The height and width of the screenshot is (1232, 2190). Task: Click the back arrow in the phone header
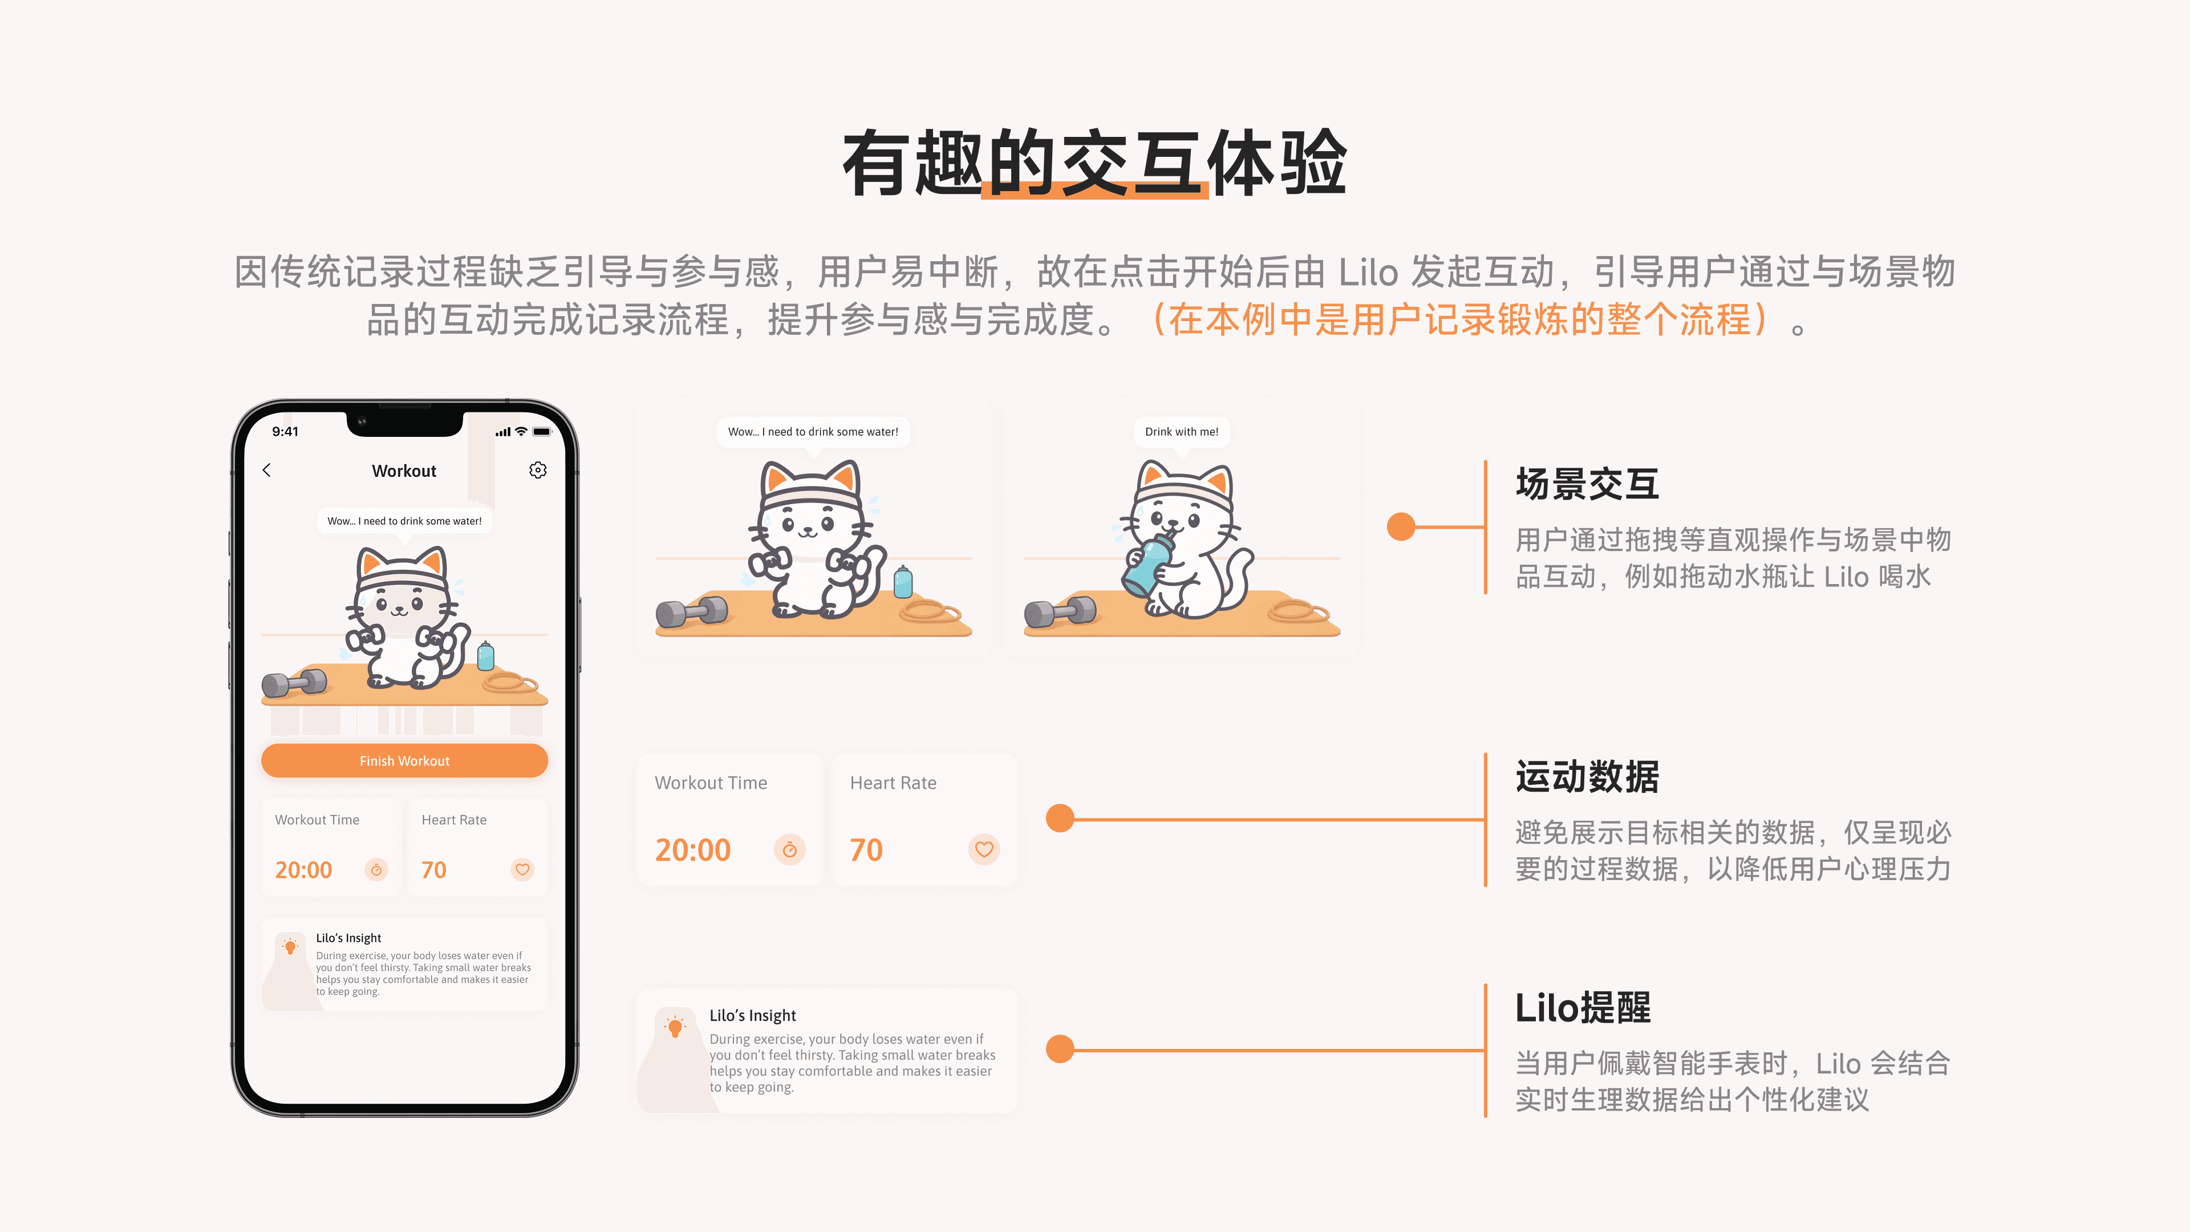click(267, 470)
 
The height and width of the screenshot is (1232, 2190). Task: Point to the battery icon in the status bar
click(542, 432)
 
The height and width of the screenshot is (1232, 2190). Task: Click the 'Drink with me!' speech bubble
click(1182, 432)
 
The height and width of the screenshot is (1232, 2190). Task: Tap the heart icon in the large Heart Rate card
click(984, 849)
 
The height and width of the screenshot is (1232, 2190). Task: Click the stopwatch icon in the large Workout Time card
click(790, 849)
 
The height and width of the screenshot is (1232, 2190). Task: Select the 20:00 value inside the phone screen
click(303, 870)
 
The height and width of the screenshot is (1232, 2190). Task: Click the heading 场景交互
click(1587, 484)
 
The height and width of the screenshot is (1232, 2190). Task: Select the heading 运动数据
click(1587, 777)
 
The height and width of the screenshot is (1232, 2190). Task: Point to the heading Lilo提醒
click(1582, 1008)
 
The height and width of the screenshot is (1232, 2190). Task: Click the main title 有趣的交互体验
click(1094, 163)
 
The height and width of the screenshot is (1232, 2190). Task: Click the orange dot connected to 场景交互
click(1401, 526)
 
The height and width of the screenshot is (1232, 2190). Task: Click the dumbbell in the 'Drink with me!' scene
click(1060, 611)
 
